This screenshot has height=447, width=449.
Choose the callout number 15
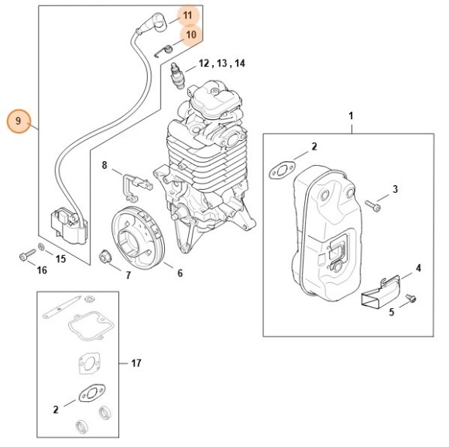tap(60, 258)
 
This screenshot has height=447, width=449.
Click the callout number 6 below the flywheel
tap(180, 273)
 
